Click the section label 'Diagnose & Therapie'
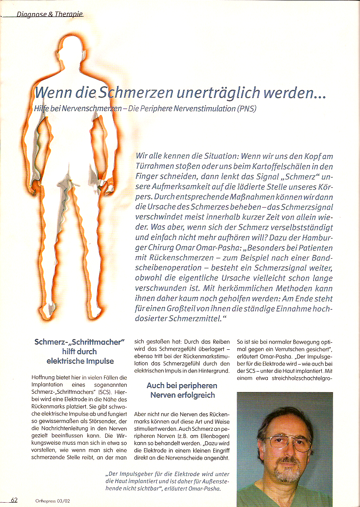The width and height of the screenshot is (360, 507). [x=50, y=14]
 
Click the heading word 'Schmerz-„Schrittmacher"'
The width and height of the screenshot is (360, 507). [x=80, y=342]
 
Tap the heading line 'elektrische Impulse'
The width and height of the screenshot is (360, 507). [x=80, y=361]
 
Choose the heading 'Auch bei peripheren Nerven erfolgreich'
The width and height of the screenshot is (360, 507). [x=182, y=390]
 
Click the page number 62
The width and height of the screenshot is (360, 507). [x=14, y=500]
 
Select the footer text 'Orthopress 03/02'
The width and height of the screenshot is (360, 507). [x=53, y=501]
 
